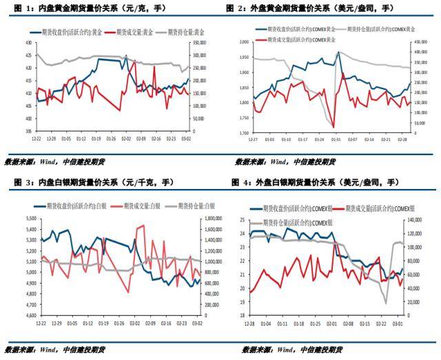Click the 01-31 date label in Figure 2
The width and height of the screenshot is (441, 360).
tap(336, 139)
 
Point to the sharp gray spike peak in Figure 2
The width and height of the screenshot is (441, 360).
tap(338, 52)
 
